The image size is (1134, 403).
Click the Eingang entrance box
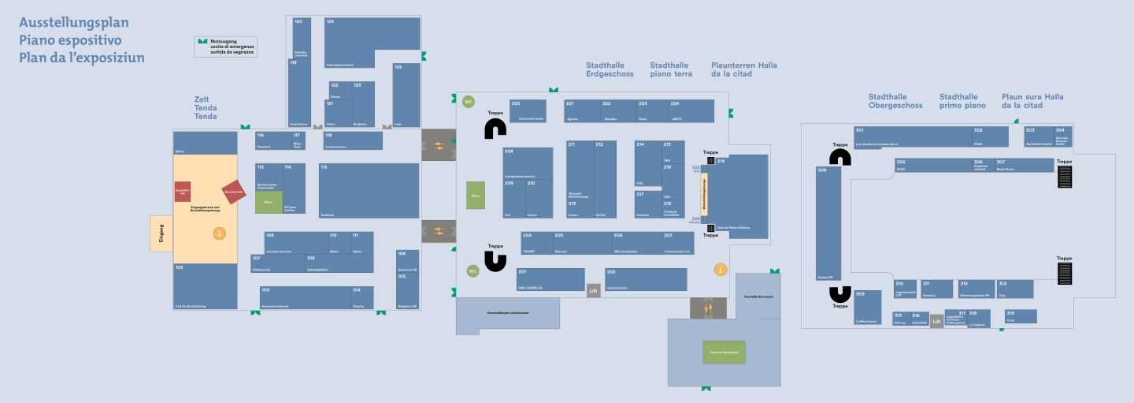click(161, 233)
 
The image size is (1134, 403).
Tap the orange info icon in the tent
click(220, 233)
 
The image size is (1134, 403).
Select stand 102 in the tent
click(205, 286)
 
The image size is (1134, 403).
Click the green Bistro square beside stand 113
click(269, 202)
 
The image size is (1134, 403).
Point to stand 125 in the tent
click(406, 95)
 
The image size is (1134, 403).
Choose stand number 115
click(369, 190)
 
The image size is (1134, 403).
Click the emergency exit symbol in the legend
click(202, 41)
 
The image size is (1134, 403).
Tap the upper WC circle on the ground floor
click(469, 102)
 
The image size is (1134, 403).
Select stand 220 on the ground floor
click(528, 110)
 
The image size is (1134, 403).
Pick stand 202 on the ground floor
click(646, 279)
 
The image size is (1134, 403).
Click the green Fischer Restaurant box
click(724, 352)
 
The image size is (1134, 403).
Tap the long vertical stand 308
click(828, 224)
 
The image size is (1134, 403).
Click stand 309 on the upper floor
click(867, 307)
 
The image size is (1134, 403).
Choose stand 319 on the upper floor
click(1021, 316)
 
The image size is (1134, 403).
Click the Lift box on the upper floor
click(936, 321)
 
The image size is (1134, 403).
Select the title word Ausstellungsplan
click(74, 23)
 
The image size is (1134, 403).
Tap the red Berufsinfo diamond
click(234, 192)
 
